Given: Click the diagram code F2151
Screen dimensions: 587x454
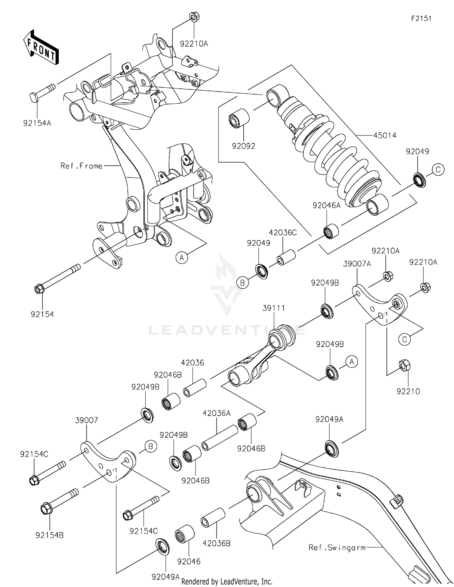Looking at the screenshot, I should [x=421, y=18].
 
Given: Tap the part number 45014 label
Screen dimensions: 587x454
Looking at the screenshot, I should [x=385, y=135].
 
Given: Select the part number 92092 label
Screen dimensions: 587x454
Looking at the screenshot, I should [x=243, y=146].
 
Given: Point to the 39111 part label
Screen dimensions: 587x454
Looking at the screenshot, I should [x=274, y=308].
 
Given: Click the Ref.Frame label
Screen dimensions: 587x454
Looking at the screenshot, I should [x=81, y=166].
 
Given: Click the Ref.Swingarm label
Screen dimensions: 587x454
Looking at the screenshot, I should [x=337, y=547].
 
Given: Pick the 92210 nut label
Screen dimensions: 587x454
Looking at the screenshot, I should [x=408, y=391].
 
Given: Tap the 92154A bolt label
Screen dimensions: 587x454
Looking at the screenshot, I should [x=37, y=123].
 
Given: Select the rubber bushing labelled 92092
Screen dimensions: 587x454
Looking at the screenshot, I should [x=239, y=119].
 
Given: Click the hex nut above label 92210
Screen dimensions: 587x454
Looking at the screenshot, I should [x=404, y=366].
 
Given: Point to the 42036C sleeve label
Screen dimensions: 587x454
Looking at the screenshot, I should [x=283, y=233].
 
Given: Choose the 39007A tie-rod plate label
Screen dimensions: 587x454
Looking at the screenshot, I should [x=357, y=264].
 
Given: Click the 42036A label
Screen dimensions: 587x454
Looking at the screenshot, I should [x=217, y=413].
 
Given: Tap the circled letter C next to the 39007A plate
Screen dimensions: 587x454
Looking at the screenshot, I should [x=404, y=339].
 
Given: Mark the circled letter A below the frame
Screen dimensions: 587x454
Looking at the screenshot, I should [x=182, y=258].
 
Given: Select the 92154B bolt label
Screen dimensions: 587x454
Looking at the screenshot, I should [x=49, y=535].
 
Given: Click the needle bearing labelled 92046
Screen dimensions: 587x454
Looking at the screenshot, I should [x=185, y=534].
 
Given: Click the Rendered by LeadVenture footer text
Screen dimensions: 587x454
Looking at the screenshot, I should [x=227, y=581].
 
